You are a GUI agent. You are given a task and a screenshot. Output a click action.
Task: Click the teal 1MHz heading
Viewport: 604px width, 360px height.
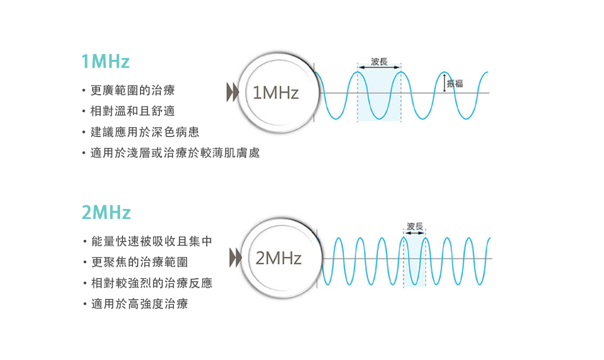point(105,61)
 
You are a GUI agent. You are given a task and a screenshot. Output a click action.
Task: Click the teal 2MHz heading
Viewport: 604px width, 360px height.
point(106,212)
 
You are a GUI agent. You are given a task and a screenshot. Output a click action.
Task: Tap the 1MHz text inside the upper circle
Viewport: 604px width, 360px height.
point(276,93)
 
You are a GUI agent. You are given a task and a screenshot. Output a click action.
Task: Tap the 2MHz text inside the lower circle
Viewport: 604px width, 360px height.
point(278,258)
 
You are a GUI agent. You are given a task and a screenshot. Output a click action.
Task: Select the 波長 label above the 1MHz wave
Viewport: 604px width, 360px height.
point(379,61)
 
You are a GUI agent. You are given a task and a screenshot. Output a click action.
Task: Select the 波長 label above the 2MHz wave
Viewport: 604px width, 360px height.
point(415,226)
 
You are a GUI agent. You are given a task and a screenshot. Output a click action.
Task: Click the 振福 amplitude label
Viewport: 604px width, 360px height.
point(455,83)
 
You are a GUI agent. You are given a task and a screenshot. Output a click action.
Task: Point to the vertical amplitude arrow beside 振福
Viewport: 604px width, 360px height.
point(444,83)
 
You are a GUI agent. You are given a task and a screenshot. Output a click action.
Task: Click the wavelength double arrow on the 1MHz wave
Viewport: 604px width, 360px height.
point(379,67)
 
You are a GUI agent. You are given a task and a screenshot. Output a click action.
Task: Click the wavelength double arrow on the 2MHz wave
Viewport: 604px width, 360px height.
point(415,233)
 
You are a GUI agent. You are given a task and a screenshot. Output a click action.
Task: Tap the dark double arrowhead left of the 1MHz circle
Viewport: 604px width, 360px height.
point(232,93)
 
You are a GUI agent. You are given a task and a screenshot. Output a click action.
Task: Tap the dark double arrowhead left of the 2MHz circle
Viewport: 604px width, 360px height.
point(235,258)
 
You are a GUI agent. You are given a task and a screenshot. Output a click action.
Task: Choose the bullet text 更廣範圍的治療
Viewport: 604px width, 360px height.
point(132,90)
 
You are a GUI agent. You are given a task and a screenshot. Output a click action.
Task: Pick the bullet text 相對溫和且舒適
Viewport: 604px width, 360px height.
point(132,111)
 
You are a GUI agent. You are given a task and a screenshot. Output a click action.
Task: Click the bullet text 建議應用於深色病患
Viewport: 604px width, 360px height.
point(145,132)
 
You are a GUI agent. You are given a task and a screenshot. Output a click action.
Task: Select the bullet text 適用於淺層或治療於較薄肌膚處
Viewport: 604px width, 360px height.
point(175,153)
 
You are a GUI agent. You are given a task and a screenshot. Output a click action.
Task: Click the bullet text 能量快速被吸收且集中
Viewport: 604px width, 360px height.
point(152,241)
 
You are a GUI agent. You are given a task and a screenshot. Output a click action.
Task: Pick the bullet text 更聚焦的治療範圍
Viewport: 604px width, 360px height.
point(140,262)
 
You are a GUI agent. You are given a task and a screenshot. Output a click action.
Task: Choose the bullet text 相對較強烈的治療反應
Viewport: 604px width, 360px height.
point(152,283)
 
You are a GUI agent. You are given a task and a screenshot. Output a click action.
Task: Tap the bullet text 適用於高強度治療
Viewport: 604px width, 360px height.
point(140,304)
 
